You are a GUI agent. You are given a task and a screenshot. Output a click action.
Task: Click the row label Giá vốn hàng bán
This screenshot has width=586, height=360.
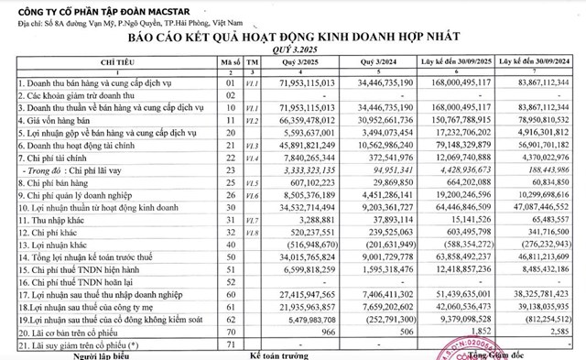pos(52,120)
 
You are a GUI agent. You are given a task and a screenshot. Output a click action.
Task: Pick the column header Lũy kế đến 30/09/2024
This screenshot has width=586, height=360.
pos(538,62)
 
